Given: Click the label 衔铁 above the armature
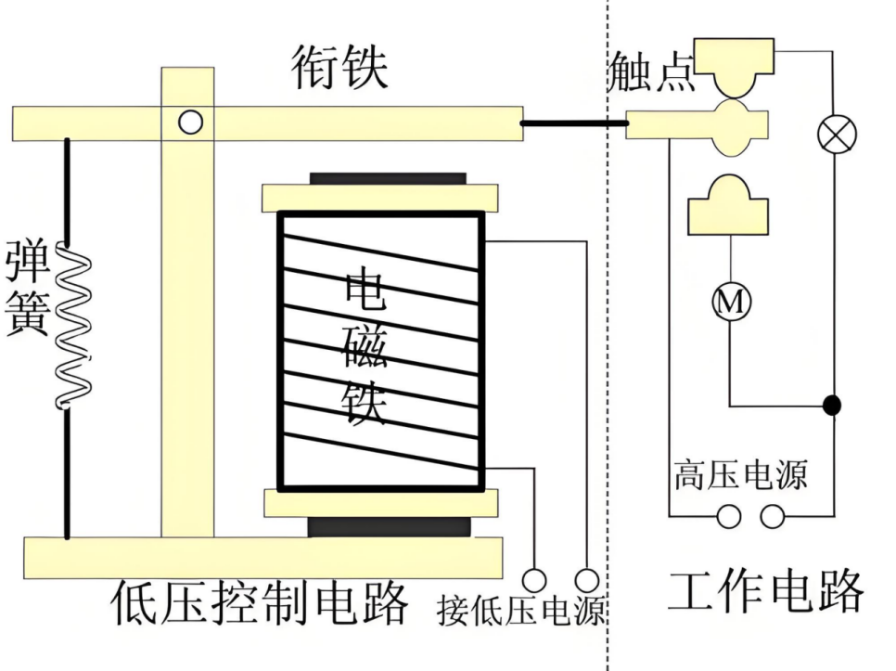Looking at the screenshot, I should pos(339,68).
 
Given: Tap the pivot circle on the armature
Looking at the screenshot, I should pos(190,122).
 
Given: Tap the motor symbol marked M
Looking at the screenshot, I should pos(732,303).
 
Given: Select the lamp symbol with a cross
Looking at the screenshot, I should pos(837,135).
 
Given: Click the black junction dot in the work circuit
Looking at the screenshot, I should pos(833,405).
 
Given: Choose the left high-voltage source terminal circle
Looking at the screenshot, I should pos(729,516).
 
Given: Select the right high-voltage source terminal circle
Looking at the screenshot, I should pos(773,516).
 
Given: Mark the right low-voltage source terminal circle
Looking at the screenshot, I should pos(587,580).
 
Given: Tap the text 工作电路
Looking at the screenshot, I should pos(766,592).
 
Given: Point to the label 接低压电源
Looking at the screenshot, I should pos(520,612).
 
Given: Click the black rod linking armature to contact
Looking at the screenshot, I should pos(573,123).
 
